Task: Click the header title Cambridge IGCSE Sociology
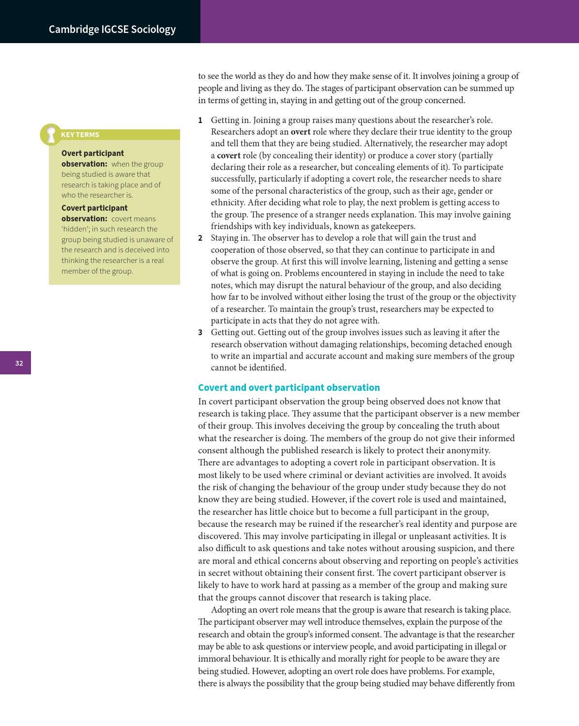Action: pos(112,29)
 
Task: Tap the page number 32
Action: pos(19,363)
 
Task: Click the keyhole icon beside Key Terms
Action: pos(50,135)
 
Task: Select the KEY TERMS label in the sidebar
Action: pos(80,135)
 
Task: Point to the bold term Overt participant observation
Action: pos(92,158)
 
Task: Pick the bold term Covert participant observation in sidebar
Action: pos(94,213)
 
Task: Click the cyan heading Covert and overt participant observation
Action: pos(289,387)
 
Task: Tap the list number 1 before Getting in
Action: pos(200,120)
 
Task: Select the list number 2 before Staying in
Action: pos(200,238)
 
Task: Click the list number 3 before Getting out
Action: pos(200,332)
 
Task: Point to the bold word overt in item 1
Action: pos(300,132)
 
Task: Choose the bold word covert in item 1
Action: pos(229,155)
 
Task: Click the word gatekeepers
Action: pos(391,226)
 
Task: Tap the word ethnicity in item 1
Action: pos(228,202)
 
